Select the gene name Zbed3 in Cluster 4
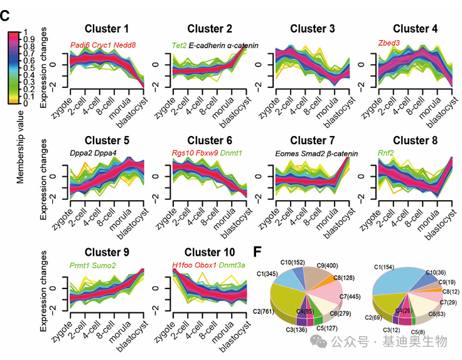(x=390, y=43)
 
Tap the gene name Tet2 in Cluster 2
(x=179, y=45)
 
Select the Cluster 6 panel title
(x=210, y=140)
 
